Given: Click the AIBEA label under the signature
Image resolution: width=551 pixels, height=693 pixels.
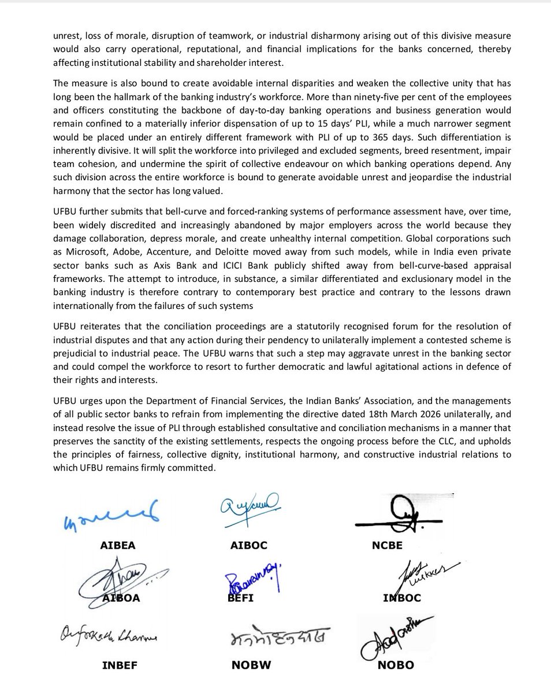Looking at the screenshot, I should [x=117, y=545].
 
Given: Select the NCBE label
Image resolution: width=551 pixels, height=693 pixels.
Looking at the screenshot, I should [x=387, y=545].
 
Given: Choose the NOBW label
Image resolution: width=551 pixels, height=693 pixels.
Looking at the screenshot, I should [x=251, y=665].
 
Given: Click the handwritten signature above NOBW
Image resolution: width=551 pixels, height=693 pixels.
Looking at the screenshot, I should [x=277, y=636].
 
